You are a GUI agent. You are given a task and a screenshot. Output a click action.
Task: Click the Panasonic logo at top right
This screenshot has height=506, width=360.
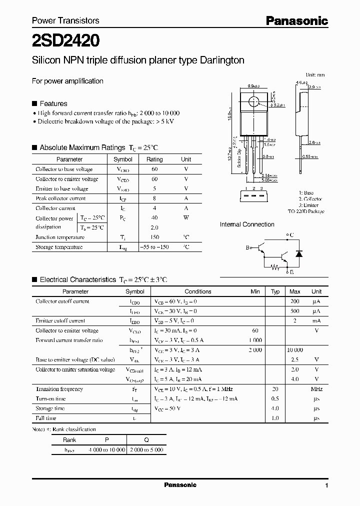(296, 20)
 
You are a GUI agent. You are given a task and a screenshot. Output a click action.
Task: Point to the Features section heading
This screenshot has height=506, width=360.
(53, 103)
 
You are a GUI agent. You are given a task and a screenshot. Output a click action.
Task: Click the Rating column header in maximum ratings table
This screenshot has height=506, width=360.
(154, 159)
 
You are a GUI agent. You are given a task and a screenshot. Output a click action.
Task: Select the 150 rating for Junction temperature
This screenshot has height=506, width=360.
(154, 237)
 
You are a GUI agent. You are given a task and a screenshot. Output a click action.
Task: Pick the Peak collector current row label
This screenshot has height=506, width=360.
(60, 198)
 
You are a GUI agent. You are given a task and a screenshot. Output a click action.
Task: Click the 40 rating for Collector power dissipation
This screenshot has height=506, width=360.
(154, 218)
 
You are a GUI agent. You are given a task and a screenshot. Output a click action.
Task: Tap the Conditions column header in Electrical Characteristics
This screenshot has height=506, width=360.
(198, 291)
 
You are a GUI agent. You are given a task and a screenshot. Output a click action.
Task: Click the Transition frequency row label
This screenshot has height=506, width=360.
(59, 389)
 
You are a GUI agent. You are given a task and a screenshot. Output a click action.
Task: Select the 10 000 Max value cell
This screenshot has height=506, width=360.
(295, 350)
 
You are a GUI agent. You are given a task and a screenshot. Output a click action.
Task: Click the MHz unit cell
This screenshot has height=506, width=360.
(316, 389)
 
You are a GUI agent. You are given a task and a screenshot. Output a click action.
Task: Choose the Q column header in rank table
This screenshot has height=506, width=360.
(146, 440)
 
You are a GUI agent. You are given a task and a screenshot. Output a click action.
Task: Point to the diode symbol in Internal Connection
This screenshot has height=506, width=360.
(299, 253)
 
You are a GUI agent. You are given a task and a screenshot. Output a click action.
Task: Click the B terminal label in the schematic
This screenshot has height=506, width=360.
(247, 247)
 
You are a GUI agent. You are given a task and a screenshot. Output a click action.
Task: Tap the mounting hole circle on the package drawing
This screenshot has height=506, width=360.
(254, 102)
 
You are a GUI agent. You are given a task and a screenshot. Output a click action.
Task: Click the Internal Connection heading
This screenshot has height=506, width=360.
(247, 224)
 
